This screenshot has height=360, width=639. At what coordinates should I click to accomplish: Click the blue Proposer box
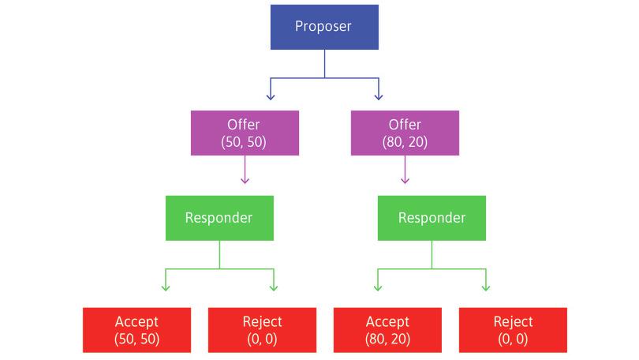(323, 27)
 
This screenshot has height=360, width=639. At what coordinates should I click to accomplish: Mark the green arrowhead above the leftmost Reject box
(274, 286)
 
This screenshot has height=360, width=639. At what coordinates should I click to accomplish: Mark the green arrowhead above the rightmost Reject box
(486, 286)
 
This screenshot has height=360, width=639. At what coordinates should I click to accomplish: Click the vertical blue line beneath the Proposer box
(323, 64)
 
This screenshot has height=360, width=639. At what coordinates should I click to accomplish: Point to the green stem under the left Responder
(219, 254)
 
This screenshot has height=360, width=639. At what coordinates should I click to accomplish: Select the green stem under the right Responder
(432, 254)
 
